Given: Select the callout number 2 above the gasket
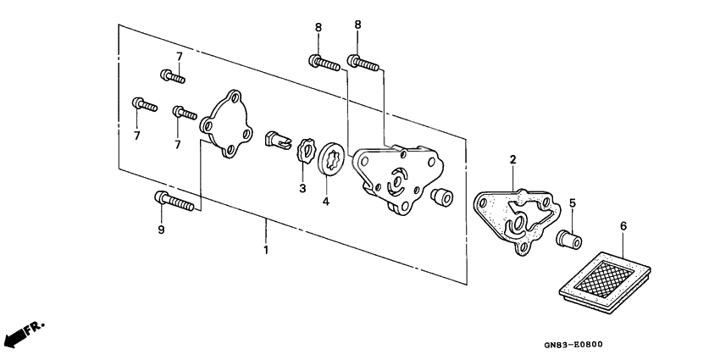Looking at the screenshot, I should pos(512,159).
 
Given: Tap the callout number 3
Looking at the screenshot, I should pos(302,187).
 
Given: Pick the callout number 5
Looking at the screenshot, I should pos(572,203).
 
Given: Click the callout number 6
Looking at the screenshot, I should pos(623,227).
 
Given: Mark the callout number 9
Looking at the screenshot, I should pos(161,230).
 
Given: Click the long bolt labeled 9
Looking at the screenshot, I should pos(174,202).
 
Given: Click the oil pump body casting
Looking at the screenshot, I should pos(398,174).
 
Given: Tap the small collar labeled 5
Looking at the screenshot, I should pos(566,237).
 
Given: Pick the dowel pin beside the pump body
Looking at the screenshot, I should pos(439,197).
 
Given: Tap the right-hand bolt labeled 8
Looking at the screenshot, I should pos(362,62).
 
